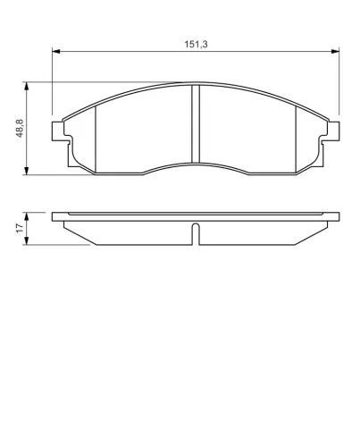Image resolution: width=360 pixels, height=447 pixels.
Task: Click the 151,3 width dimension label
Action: pyautogui.click(x=194, y=42)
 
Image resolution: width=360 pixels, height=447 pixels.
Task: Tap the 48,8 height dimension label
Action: pyautogui.click(x=19, y=129)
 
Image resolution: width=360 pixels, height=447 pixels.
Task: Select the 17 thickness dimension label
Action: pyautogui.click(x=19, y=229)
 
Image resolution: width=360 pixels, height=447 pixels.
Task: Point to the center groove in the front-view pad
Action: pyautogui.click(x=195, y=125)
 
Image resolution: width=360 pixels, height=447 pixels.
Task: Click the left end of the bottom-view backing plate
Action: pyautogui.click(x=55, y=217)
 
